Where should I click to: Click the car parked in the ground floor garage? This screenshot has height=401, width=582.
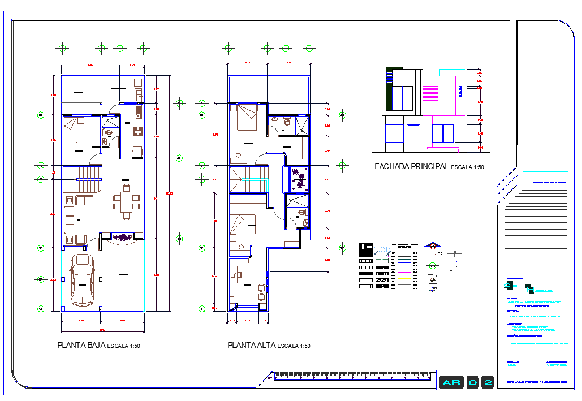pos(83,279)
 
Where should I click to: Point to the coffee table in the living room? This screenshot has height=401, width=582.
pos(85,219)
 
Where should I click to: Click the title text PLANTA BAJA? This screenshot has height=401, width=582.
pos(81,345)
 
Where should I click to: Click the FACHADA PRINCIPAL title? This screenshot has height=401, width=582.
pos(411,167)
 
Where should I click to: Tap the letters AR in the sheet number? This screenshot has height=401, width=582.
pos(452,383)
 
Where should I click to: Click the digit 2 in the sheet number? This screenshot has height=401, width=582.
pos(487,383)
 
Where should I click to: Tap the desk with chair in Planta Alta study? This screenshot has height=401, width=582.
pos(237,275)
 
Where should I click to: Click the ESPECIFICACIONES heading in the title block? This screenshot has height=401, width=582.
pos(549,183)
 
